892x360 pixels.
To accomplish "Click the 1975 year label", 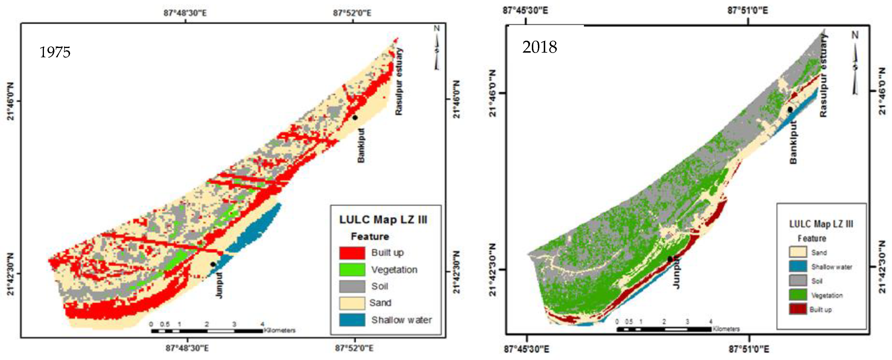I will pyautogui.click(x=55, y=52).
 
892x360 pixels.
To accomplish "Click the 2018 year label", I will pyautogui.click(x=539, y=47).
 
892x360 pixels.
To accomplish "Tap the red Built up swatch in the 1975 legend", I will pyautogui.click(x=352, y=253).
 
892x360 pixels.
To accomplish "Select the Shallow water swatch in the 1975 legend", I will pyautogui.click(x=352, y=320).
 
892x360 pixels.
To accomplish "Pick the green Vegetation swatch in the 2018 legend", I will pyautogui.click(x=798, y=295).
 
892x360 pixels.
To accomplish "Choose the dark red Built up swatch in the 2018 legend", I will pyautogui.click(x=798, y=309).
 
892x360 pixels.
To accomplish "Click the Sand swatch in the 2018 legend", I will pyautogui.click(x=798, y=252).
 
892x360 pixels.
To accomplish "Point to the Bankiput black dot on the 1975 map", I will pyautogui.click(x=355, y=118).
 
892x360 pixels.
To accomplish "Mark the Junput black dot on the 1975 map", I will pyautogui.click(x=213, y=264).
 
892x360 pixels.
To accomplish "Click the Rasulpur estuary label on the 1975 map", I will pyautogui.click(x=399, y=82).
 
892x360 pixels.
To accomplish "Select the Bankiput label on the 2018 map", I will pyautogui.click(x=793, y=142).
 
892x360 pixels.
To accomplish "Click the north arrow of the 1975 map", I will pyautogui.click(x=437, y=49).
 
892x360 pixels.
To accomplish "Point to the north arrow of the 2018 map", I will pyautogui.click(x=855, y=64).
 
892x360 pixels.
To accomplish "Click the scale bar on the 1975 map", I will pyautogui.click(x=207, y=331).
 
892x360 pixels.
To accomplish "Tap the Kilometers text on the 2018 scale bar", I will pyautogui.click(x=726, y=329).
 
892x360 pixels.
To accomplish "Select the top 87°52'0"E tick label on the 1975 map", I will pyautogui.click(x=352, y=13).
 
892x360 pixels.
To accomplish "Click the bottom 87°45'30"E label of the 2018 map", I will pyautogui.click(x=526, y=349).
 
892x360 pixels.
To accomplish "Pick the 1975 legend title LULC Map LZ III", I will pyautogui.click(x=383, y=220).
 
